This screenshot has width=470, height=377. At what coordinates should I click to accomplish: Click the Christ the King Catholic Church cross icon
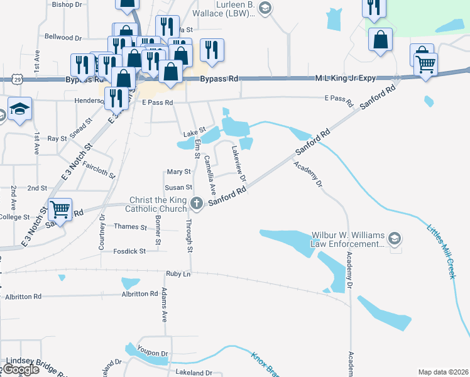[197, 203]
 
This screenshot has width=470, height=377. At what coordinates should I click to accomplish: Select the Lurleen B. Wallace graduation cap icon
[265, 8]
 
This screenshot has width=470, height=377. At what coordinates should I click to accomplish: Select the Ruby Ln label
[178, 274]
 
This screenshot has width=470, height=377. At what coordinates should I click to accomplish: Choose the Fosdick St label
[129, 251]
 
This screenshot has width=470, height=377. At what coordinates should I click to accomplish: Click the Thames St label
[130, 226]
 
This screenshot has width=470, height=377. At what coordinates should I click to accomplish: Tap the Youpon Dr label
[154, 353]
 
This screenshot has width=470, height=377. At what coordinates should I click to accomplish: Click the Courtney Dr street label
[102, 232]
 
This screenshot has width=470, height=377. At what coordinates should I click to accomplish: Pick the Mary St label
[178, 172]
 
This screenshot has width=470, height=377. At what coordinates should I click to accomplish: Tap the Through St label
[188, 234]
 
